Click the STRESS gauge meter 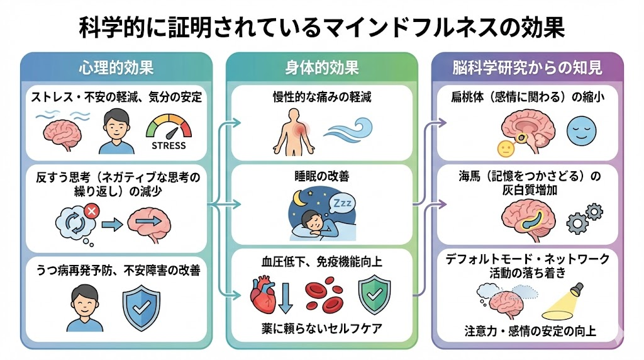(169, 130)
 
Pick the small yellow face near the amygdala (504, 149)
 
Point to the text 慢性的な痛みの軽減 (322, 97)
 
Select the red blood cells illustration (324, 296)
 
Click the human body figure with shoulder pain (293, 131)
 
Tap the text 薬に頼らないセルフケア (322, 328)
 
